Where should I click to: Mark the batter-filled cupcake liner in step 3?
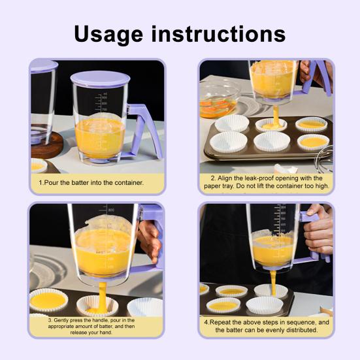point(48,300)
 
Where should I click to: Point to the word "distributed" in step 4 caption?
point(300,330)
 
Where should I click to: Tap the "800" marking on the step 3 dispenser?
point(110,210)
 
